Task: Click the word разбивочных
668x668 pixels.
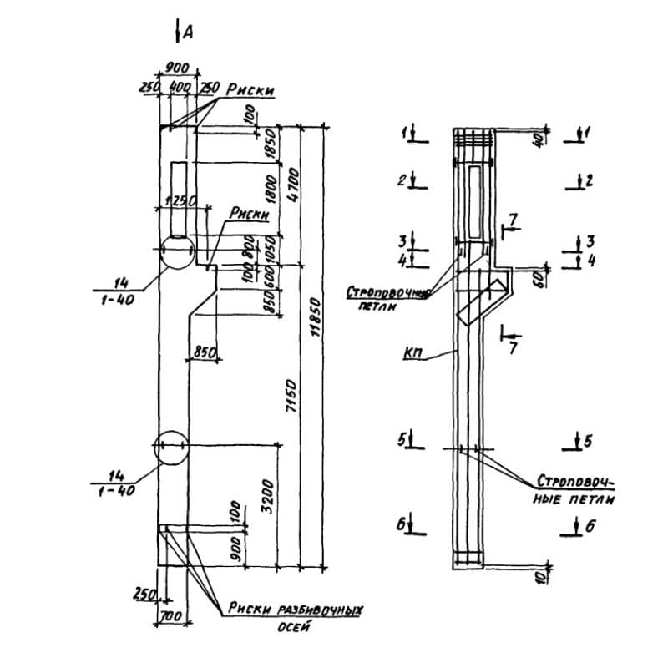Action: [321, 610]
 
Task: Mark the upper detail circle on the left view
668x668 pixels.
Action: [175, 250]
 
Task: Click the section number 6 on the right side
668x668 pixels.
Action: [590, 525]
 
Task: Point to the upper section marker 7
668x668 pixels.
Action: [513, 220]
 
